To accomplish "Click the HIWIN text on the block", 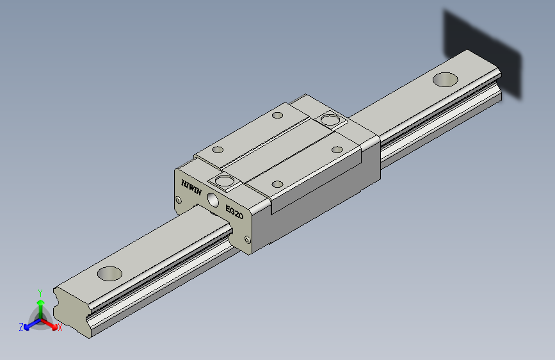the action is coord(191,188).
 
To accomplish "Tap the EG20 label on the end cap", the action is coord(234,212).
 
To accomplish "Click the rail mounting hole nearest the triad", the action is coord(109,274).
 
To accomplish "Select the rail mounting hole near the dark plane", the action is coord(446,79).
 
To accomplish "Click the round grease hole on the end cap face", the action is coord(213,199).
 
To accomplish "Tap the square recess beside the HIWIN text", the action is coord(225,182).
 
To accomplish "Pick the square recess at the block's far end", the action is coord(330,120).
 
